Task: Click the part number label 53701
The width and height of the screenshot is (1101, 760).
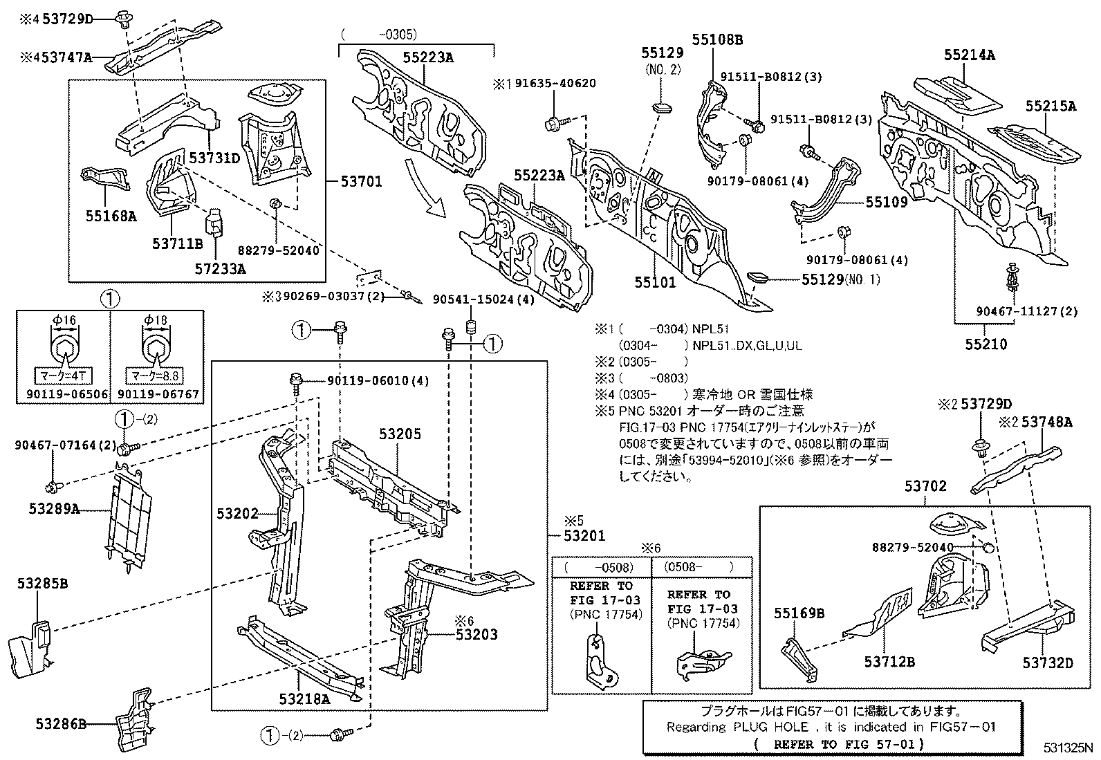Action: [362, 182]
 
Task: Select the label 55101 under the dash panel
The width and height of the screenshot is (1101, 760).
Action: [655, 282]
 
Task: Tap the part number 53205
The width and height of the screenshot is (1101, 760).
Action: [400, 434]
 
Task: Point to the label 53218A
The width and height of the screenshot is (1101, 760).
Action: [304, 698]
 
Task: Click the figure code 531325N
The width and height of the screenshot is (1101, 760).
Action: [1069, 748]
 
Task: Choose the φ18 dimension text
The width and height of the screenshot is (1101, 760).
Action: [156, 320]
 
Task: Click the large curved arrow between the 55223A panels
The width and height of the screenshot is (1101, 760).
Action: [423, 189]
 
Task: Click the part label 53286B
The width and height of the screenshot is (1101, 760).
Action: [62, 724]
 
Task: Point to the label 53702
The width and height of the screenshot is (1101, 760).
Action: [925, 487]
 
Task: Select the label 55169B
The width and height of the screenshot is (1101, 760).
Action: [799, 613]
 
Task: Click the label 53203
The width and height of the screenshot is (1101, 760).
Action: [477, 634]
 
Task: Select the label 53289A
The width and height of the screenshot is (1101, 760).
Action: [54, 509]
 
